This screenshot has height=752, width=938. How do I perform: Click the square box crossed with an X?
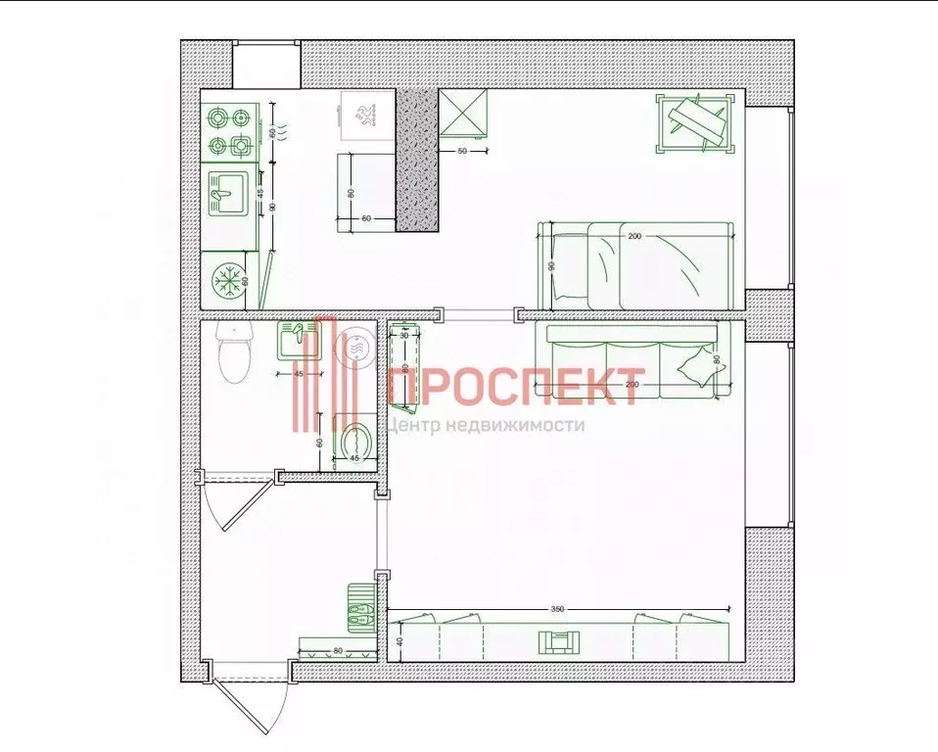point(462,114)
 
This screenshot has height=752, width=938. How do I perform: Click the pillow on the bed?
point(568,265)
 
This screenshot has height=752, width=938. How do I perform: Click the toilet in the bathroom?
point(234,354)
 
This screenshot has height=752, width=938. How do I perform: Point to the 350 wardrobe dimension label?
point(558,608)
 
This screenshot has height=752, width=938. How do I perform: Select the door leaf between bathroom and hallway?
point(233,502)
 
